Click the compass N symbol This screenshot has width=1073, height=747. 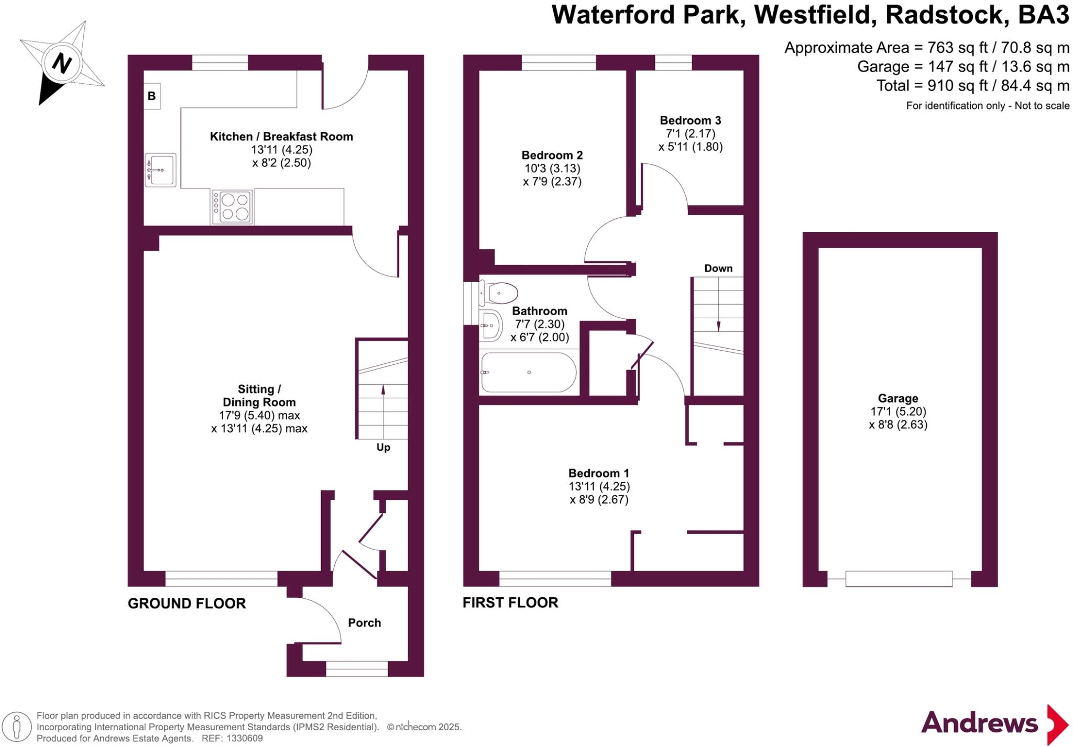coord(62,64)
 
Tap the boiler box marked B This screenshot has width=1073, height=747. coord(152,96)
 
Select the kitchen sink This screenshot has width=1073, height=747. coord(160,170)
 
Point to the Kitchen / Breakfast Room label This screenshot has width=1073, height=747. coord(281,137)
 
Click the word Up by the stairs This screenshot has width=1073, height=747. coord(383,448)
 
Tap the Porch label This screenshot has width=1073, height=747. coord(364,623)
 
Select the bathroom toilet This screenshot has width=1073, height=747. coord(499,293)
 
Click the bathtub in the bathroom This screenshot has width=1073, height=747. coord(528,372)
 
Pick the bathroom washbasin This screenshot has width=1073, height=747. coord(490,326)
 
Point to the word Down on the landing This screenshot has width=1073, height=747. coord(718,269)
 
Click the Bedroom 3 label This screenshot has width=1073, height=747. coord(690,121)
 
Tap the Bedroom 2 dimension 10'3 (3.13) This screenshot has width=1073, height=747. coord(552,169)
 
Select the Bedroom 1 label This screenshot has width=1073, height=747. coord(599,473)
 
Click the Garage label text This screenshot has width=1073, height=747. coord(898,398)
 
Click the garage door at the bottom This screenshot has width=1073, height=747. coord(899,578)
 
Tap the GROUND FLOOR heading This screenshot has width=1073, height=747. coord(187,604)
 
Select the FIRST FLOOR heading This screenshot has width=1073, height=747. coord(510,603)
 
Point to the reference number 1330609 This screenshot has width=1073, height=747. coord(244,739)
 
